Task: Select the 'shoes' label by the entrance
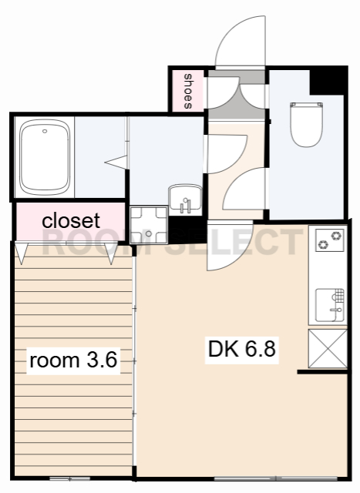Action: (187, 91)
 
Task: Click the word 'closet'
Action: (71, 220)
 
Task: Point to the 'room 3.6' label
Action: (73, 360)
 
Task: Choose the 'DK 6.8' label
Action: (241, 349)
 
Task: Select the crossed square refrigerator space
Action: (328, 349)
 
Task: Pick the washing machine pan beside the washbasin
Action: (148, 224)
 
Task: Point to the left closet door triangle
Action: (21, 251)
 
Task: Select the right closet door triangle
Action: (113, 253)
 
